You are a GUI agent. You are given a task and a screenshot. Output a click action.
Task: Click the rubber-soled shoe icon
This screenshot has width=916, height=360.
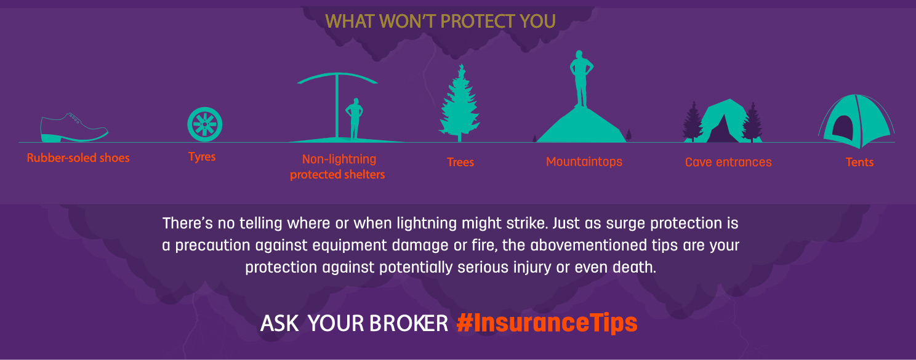coord(74,129)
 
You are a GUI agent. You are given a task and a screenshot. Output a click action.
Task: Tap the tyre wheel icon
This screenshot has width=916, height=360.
coord(205,124)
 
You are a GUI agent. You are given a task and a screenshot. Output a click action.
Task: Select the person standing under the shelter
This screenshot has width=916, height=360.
coord(354,119)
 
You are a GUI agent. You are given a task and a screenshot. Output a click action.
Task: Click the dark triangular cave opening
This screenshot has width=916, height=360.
coord(723,130)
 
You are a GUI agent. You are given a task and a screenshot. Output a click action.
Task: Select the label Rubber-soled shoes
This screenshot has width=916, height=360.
coord(78,158)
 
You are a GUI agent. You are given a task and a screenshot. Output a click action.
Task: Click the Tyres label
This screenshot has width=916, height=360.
coord(202,157)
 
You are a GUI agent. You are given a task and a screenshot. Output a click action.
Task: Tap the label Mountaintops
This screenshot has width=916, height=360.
coord(584,162)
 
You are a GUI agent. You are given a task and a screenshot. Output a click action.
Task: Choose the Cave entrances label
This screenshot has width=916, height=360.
coord(728,162)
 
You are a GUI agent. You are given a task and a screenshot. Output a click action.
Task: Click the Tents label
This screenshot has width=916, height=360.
coord(859,162)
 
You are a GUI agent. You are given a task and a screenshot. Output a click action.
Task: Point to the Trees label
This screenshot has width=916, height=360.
coord(460,162)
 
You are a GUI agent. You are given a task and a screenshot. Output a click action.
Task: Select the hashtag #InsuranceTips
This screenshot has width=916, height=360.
coord(547,323)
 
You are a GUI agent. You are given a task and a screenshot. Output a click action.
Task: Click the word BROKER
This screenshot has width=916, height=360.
coord(409,324)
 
